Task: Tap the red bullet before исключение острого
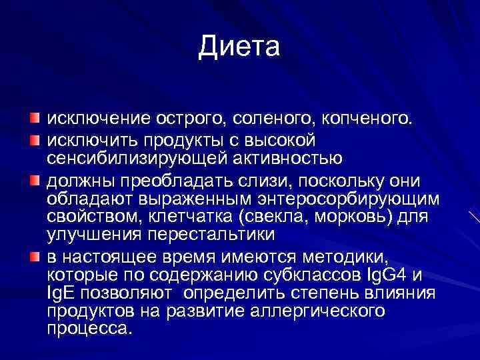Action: [x=34, y=119]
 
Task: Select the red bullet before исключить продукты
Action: [x=34, y=139]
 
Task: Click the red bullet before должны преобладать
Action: [x=34, y=180]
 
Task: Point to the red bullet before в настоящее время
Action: [x=34, y=257]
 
